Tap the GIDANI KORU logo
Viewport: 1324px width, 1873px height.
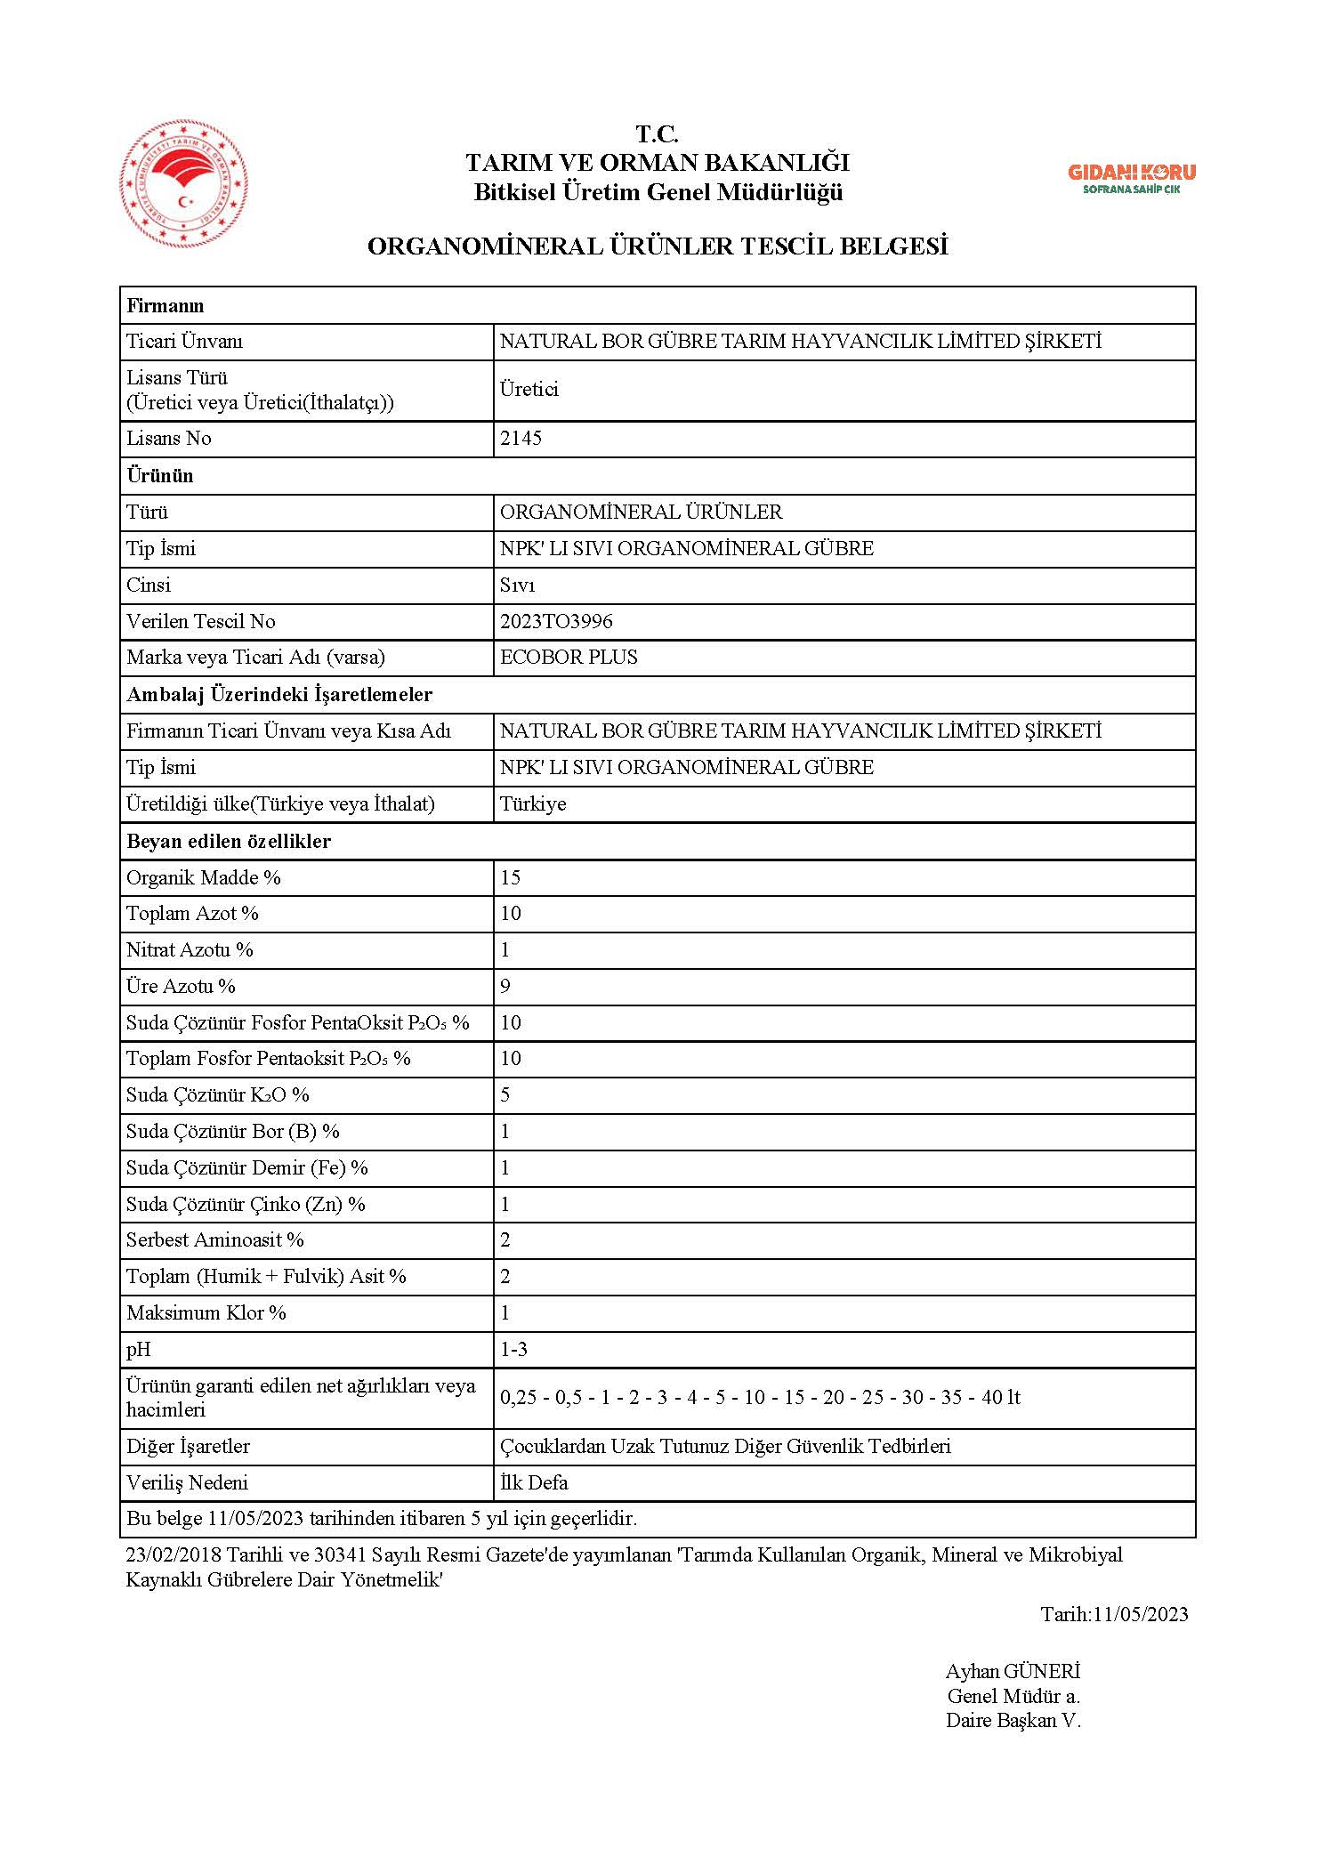coord(1131,178)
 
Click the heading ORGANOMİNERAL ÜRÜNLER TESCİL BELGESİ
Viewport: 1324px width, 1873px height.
coord(658,246)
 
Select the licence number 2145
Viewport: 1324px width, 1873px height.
coord(521,439)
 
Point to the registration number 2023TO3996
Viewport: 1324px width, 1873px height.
coord(556,621)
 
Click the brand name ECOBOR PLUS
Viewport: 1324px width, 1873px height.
coord(569,658)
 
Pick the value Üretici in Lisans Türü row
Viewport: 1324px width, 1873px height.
coord(529,390)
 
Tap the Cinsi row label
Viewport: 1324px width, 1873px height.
coord(149,585)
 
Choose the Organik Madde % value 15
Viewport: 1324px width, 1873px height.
coord(510,877)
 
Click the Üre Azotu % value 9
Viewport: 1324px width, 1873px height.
coord(505,986)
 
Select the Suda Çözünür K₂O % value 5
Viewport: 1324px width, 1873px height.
coord(505,1094)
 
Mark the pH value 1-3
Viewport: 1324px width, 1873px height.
coord(513,1349)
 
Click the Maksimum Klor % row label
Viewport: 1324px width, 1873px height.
coord(206,1312)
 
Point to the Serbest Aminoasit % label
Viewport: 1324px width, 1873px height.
coord(215,1239)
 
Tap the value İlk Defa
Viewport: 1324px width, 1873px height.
coord(534,1482)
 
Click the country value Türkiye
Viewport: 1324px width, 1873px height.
coord(533,803)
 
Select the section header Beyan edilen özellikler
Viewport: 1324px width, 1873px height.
coord(229,841)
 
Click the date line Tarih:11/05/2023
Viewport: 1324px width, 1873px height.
coord(1114,1614)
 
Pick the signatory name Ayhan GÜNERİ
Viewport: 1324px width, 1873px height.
coord(1013,1671)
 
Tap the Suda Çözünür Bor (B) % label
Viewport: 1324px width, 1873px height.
coord(233,1131)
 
